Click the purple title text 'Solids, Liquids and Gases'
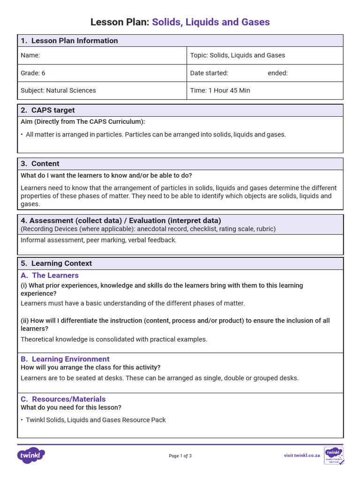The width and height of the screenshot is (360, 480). pyautogui.click(x=210, y=22)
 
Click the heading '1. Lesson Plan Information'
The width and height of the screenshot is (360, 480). pyautogui.click(x=69, y=41)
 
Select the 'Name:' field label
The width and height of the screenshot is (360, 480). pyautogui.click(x=30, y=55)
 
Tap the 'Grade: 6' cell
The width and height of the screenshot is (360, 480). pyautogui.click(x=33, y=73)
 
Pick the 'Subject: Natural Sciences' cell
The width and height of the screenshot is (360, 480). pyautogui.click(x=58, y=90)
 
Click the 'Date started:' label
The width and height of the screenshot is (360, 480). pyautogui.click(x=209, y=73)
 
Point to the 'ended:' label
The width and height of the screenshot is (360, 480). pyautogui.click(x=277, y=73)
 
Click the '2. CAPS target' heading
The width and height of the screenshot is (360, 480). pyautogui.click(x=47, y=110)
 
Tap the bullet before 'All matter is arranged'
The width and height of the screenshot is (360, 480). pyautogui.click(x=22, y=135)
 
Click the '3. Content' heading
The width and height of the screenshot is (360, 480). pyautogui.click(x=40, y=164)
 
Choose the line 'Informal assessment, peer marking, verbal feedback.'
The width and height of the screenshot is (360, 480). pyautogui.click(x=98, y=240)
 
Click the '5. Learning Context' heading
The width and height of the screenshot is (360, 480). pyautogui.click(x=56, y=263)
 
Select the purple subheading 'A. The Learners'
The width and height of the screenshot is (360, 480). pyautogui.click(x=50, y=275)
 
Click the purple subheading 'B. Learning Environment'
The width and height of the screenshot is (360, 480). pyautogui.click(x=65, y=359)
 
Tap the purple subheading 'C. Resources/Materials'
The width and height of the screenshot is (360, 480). pyautogui.click(x=63, y=399)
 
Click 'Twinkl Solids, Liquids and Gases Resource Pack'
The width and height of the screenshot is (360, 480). pyautogui.click(x=96, y=420)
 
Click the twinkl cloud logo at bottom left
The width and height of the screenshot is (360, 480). pyautogui.click(x=31, y=455)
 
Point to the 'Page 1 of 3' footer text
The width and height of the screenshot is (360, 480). pyautogui.click(x=180, y=456)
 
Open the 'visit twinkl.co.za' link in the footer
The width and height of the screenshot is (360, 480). pyautogui.click(x=301, y=455)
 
